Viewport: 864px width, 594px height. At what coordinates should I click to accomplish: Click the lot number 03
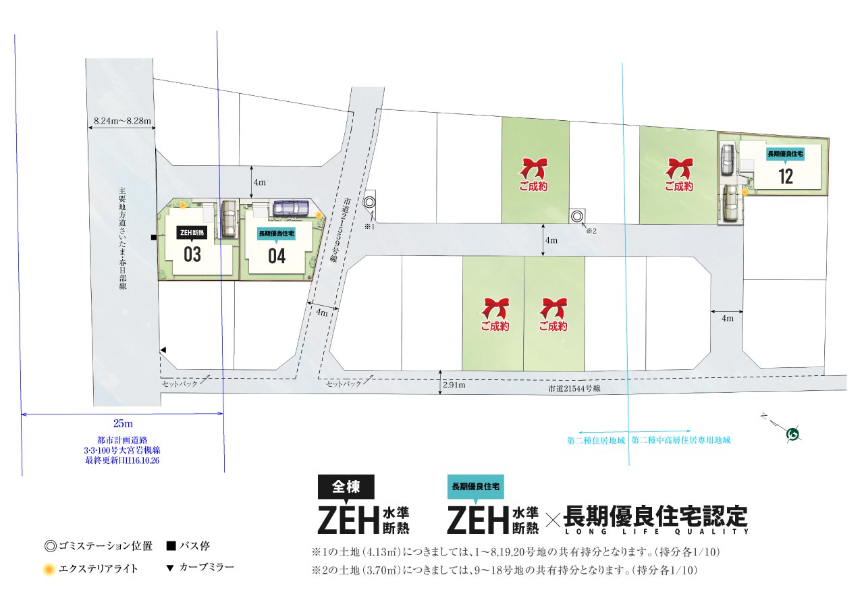[192, 254]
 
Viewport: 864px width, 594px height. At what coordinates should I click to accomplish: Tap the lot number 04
[277, 256]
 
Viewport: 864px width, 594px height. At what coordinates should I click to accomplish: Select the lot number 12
[786, 177]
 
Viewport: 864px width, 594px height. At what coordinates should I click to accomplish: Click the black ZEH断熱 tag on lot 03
[192, 233]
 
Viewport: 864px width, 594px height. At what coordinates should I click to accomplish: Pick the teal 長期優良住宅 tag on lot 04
[276, 234]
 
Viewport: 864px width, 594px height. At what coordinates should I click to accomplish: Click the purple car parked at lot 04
[292, 208]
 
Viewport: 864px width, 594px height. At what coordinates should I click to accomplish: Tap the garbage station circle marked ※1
[369, 202]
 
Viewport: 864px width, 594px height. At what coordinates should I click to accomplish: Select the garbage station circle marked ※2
[576, 217]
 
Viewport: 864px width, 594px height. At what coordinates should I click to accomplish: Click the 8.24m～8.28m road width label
[122, 121]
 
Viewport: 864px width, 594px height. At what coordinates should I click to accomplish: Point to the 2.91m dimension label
[454, 385]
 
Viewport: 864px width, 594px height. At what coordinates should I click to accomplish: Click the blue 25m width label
[123, 423]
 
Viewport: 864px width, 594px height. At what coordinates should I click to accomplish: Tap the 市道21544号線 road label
[574, 388]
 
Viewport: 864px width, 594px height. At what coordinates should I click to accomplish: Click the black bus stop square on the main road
[153, 238]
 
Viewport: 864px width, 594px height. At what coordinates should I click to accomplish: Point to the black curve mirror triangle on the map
[163, 350]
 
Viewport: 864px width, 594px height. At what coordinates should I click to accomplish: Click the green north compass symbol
[792, 434]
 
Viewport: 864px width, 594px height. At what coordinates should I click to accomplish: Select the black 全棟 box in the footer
[346, 487]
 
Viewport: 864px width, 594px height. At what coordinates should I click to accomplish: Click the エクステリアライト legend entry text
[98, 569]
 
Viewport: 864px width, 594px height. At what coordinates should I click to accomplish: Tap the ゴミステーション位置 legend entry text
[106, 546]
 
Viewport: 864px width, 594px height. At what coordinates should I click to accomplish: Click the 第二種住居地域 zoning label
[596, 440]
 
